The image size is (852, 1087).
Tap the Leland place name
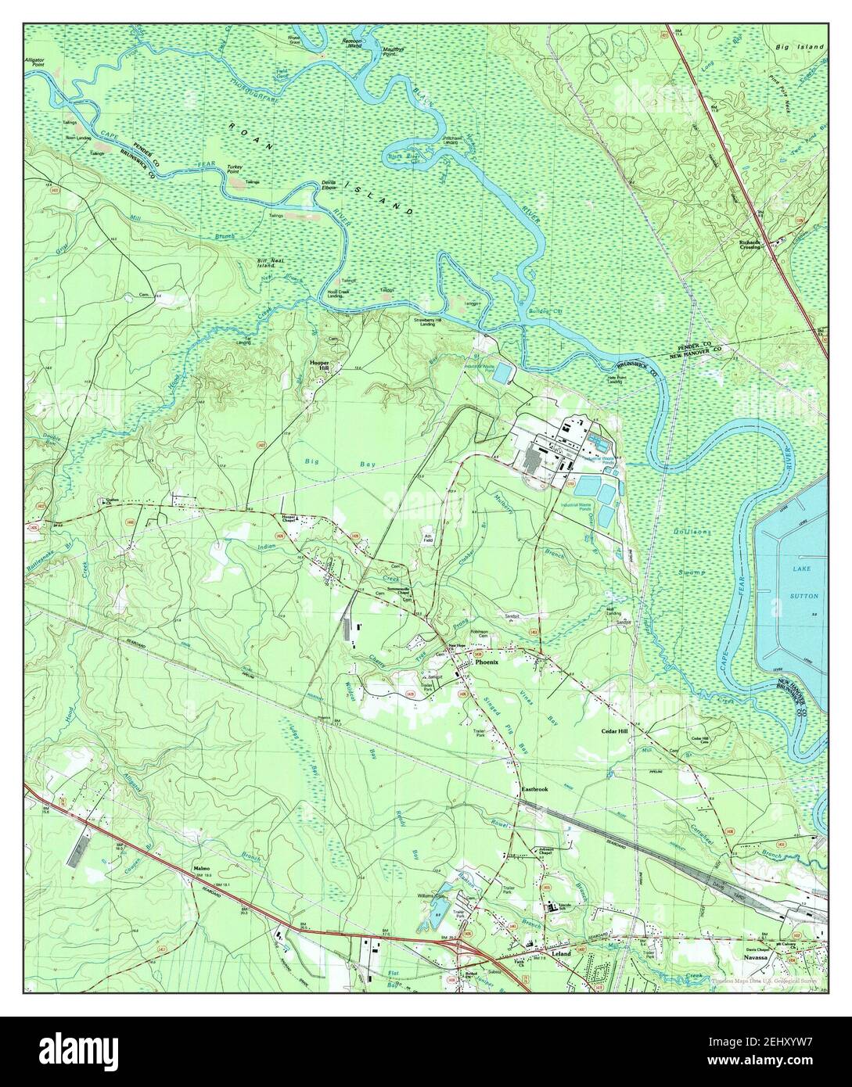pos(560,955)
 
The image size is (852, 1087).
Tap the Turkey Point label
pos(235,169)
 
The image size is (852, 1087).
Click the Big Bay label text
pos(339,463)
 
